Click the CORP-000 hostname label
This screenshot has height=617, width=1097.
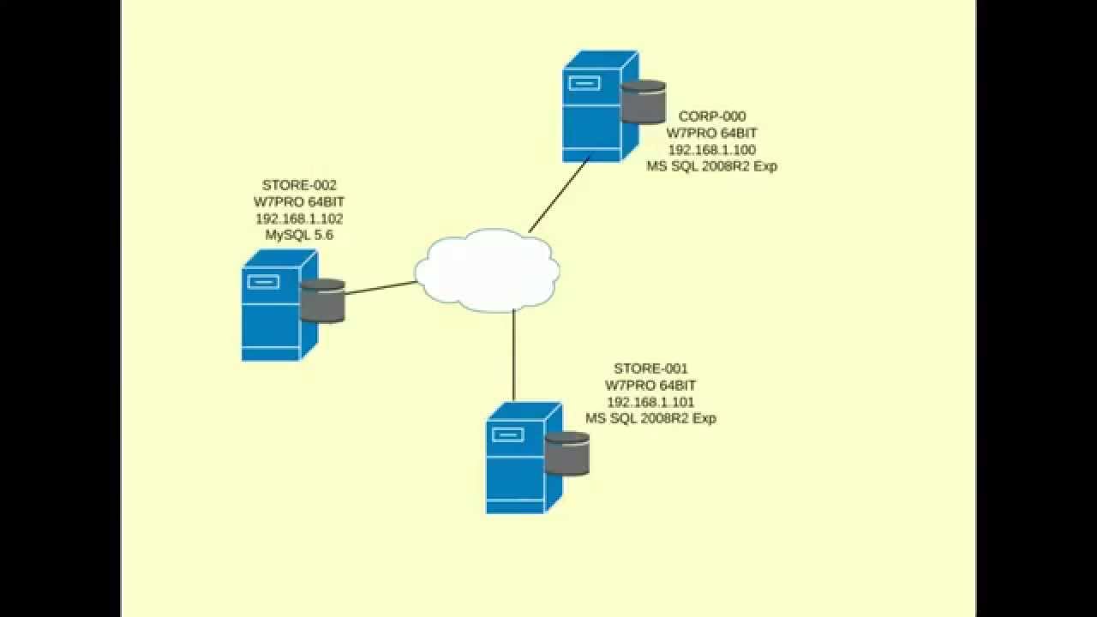coord(711,117)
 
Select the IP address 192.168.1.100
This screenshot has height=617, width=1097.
coord(711,150)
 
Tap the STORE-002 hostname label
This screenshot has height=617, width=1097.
coord(299,185)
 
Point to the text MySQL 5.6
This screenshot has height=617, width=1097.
coord(299,235)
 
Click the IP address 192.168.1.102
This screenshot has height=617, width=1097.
coord(299,219)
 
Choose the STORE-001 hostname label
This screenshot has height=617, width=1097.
coord(650,369)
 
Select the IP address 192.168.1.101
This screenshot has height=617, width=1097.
coord(650,402)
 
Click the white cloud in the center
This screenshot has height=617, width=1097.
coord(487,270)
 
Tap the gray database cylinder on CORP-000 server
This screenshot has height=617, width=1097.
coord(644,102)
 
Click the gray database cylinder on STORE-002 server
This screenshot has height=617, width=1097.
coord(322,301)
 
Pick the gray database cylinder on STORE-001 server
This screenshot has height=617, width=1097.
coord(567,454)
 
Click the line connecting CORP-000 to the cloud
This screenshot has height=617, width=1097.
coord(559,195)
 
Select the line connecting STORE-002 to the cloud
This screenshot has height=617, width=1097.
coord(381,288)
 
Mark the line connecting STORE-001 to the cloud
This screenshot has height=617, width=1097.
coord(513,356)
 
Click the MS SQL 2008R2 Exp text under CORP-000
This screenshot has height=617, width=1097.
coord(711,166)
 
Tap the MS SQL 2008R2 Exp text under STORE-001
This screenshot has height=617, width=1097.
coord(650,418)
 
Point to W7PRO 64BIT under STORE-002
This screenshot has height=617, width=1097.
coord(299,202)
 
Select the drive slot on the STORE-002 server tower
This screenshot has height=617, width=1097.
coord(263,282)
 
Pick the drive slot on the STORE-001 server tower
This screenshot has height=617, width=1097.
coord(507,434)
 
